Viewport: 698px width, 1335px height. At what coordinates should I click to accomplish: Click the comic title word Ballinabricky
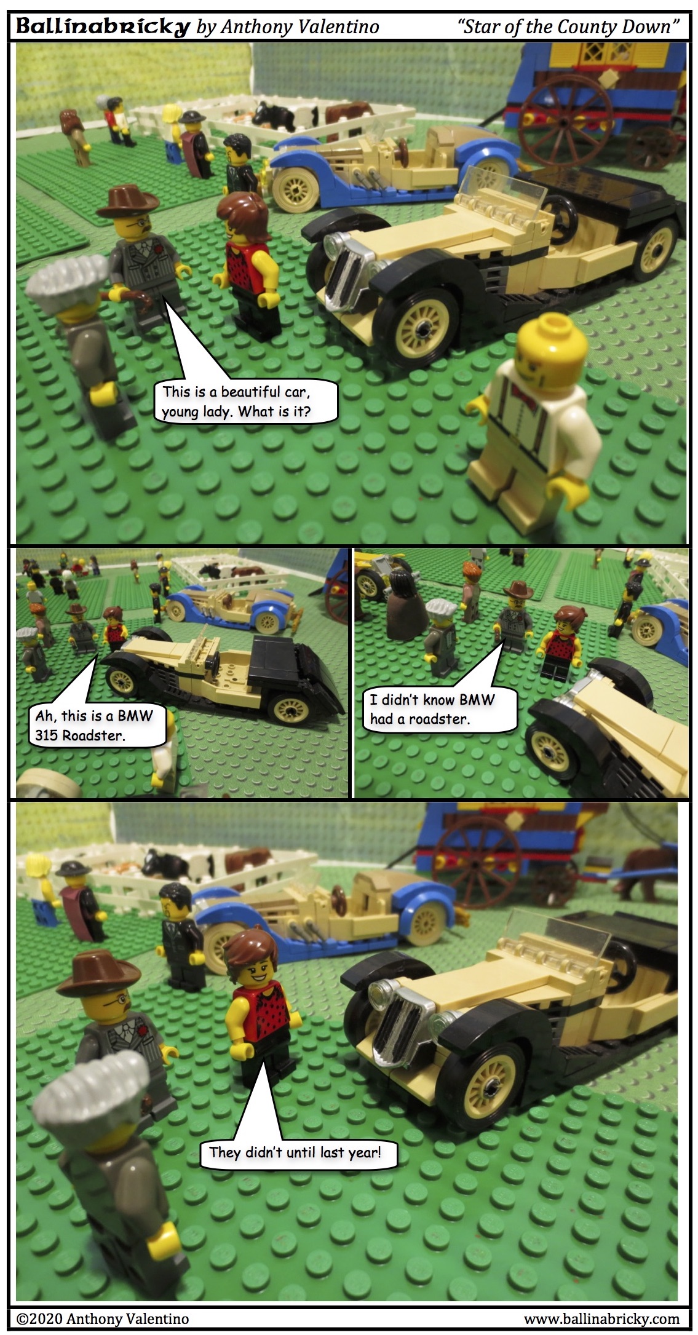tap(102, 26)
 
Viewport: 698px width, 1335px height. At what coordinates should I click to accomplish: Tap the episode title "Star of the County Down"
tap(568, 26)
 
